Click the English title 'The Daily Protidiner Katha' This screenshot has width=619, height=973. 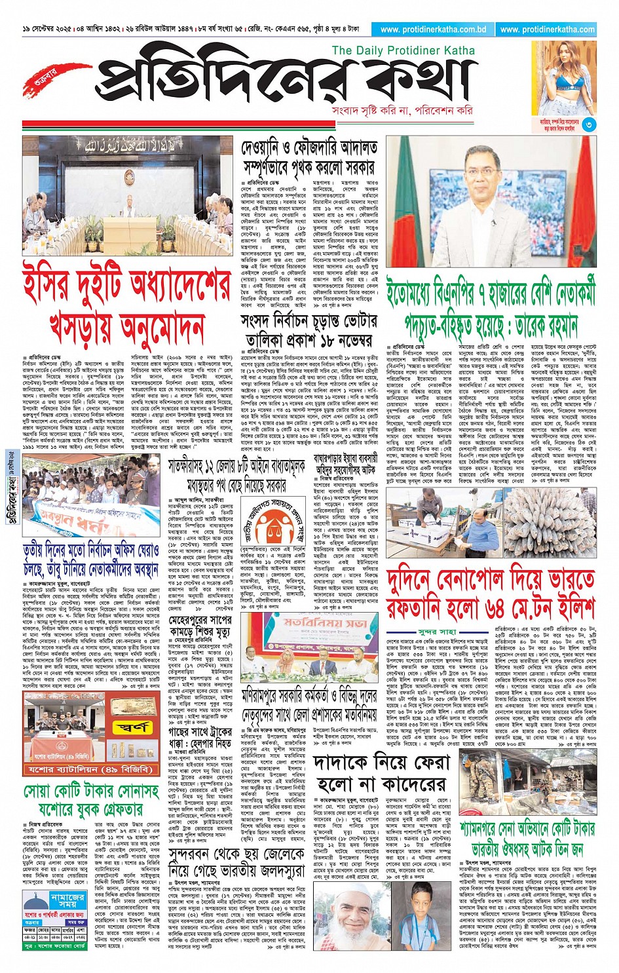coord(403,50)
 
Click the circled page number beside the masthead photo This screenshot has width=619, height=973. coord(589,124)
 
